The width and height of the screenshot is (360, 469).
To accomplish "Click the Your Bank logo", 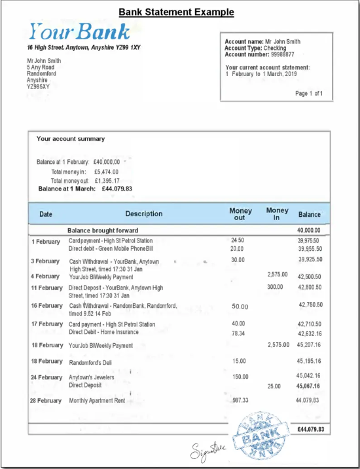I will [x=79, y=31].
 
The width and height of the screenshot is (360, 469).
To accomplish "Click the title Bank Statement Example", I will [x=176, y=12].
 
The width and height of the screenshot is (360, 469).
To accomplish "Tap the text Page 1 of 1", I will [x=314, y=94].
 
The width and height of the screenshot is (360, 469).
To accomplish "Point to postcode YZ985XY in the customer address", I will [x=38, y=86].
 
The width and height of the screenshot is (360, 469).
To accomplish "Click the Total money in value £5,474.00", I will [x=106, y=172].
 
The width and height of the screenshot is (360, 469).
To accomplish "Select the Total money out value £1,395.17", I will [x=107, y=180].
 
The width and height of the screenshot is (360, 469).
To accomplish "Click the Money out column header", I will [x=240, y=214].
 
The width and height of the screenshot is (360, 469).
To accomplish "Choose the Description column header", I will [x=144, y=214].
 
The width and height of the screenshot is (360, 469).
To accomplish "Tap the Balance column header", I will [x=310, y=214].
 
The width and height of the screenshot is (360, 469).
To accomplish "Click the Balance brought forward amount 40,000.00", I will [x=309, y=231].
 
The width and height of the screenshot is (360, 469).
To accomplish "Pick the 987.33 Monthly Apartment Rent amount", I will [x=241, y=400].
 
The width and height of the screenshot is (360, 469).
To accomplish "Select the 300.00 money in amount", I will [x=276, y=287].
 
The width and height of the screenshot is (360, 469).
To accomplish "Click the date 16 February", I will [x=46, y=306].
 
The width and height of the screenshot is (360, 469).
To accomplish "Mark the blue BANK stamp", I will [x=260, y=436].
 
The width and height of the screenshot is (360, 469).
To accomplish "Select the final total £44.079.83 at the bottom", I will [x=310, y=430].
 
